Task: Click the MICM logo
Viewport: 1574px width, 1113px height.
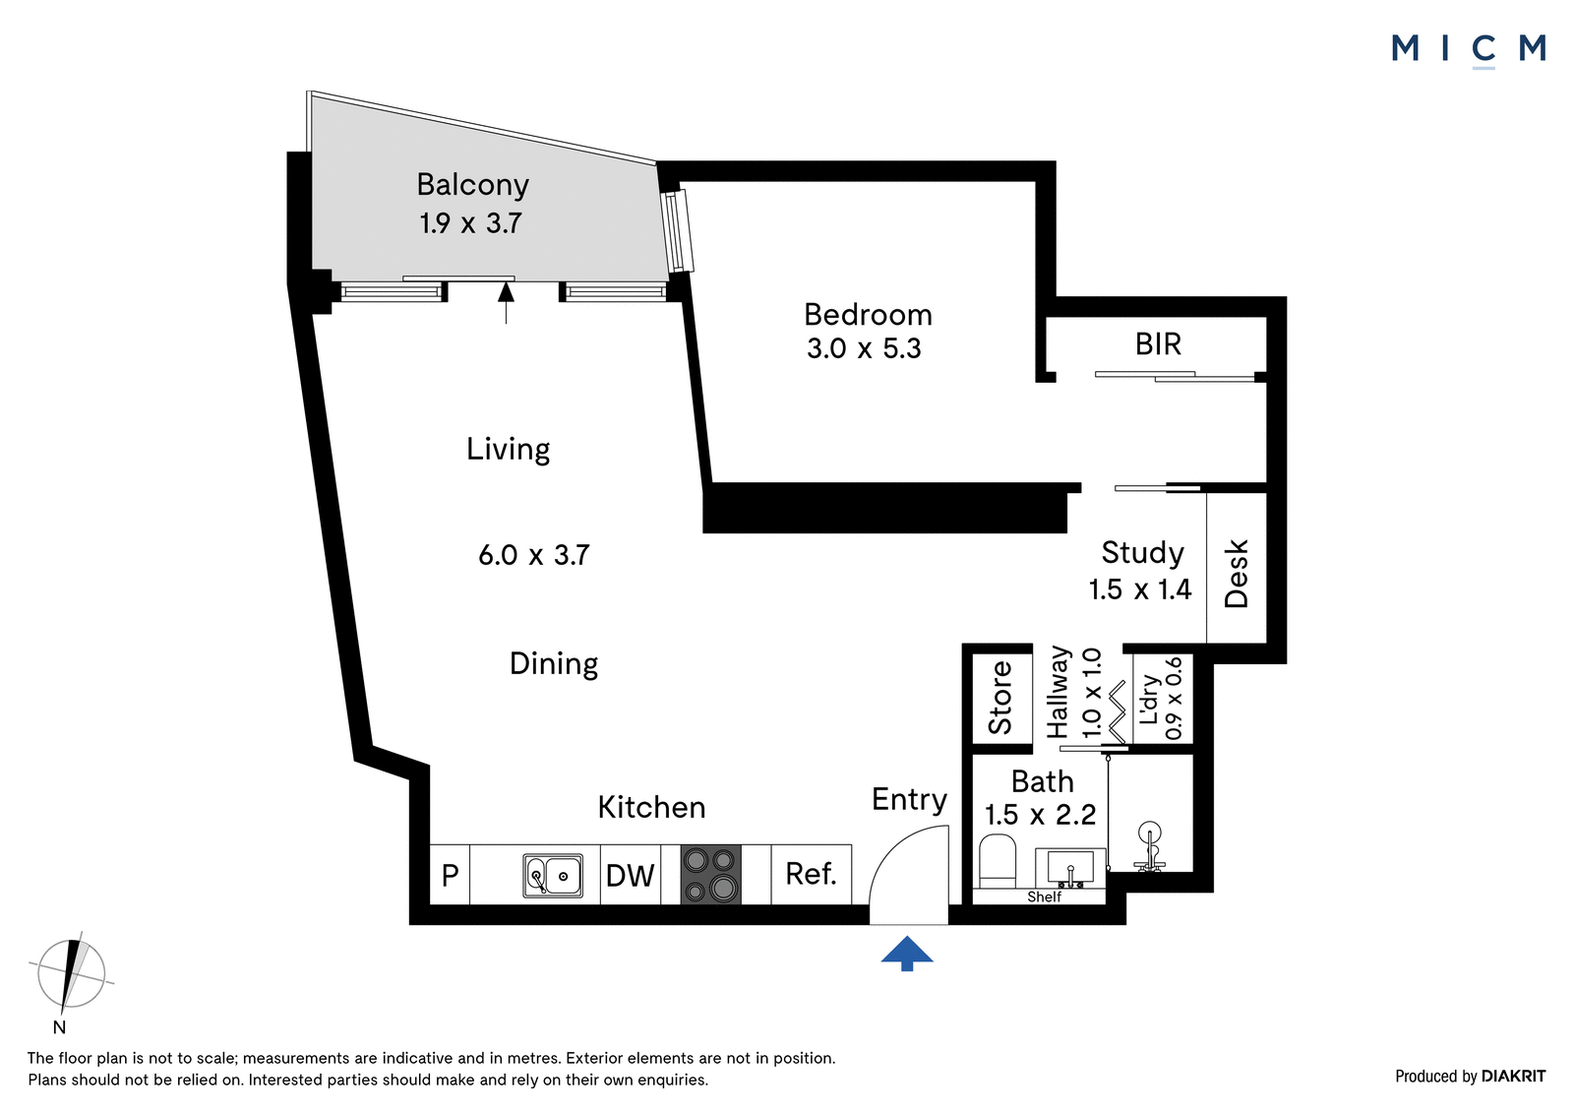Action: click(1469, 50)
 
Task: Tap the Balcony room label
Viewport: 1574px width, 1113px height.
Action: click(473, 185)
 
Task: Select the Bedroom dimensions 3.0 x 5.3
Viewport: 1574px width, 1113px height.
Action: click(864, 348)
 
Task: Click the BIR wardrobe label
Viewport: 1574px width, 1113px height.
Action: click(1158, 344)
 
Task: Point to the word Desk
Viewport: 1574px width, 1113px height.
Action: click(1236, 573)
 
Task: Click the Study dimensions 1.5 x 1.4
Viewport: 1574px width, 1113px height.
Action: click(1140, 589)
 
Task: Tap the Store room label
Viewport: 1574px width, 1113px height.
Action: click(999, 698)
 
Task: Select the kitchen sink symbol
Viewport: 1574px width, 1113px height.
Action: click(553, 876)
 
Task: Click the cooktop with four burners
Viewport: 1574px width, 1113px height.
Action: click(710, 874)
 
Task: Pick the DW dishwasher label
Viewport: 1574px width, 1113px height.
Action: click(631, 876)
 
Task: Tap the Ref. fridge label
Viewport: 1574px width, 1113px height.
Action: click(811, 874)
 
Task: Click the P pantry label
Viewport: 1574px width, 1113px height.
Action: click(450, 876)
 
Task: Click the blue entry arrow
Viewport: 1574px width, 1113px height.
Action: click(907, 955)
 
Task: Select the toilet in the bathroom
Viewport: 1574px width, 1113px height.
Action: click(998, 861)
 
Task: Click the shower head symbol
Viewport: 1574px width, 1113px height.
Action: click(1150, 847)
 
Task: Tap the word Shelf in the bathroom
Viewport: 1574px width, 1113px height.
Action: click(1044, 897)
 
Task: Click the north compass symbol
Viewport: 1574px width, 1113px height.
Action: click(71, 977)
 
